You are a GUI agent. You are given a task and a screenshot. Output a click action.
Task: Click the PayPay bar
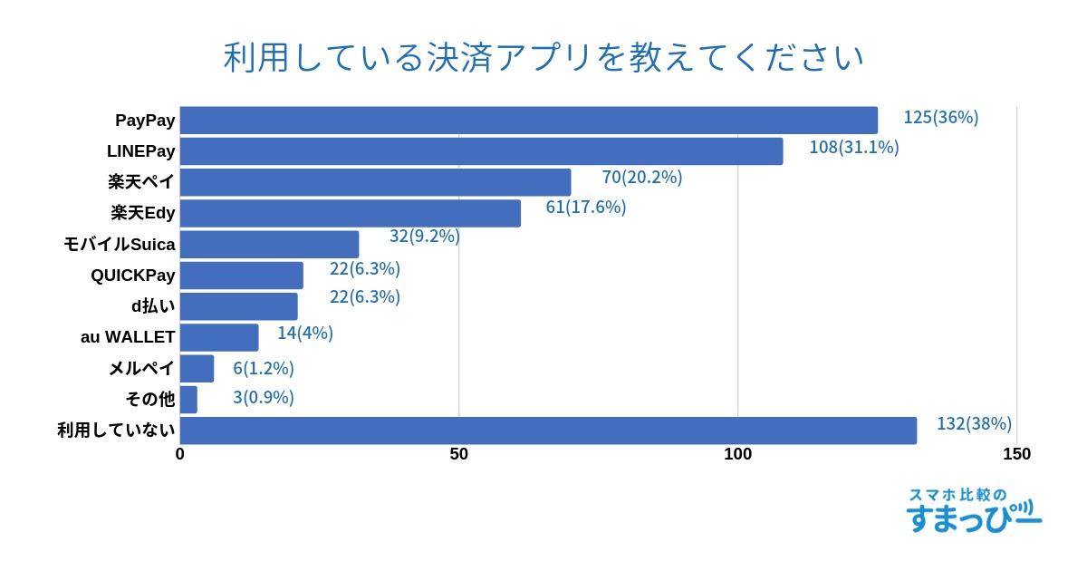coord(528,121)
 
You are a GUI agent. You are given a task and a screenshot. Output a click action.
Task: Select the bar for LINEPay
coord(481,151)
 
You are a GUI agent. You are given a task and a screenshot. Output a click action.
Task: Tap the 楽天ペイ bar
coord(375,182)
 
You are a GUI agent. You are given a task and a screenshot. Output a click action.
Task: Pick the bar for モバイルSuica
coord(269,245)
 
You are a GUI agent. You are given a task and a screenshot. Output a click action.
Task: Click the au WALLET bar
coord(219,337)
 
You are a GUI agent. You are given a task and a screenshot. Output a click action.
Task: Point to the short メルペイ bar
coord(197,369)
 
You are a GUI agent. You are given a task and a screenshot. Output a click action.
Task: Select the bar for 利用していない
coord(548,431)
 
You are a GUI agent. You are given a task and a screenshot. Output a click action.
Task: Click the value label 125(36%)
coord(940,117)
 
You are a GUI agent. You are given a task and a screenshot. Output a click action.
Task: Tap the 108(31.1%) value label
coord(853,147)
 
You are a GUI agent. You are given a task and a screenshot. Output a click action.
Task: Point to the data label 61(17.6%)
coord(585,207)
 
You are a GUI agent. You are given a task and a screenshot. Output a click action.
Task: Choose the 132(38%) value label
coord(974,423)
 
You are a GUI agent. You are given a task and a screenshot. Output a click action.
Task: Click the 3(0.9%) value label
coord(263,397)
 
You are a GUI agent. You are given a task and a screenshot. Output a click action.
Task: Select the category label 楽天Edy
coord(143,213)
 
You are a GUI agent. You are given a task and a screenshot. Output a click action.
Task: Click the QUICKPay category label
coord(132,275)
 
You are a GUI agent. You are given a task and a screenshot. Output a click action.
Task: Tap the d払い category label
coord(153,305)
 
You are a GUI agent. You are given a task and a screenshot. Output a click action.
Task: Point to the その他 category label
coord(149,399)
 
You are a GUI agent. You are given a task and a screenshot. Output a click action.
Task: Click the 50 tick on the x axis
coord(459,454)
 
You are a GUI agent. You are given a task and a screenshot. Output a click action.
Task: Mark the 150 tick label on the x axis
coord(1016,454)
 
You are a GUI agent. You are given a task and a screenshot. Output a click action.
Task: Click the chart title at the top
coord(543,57)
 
